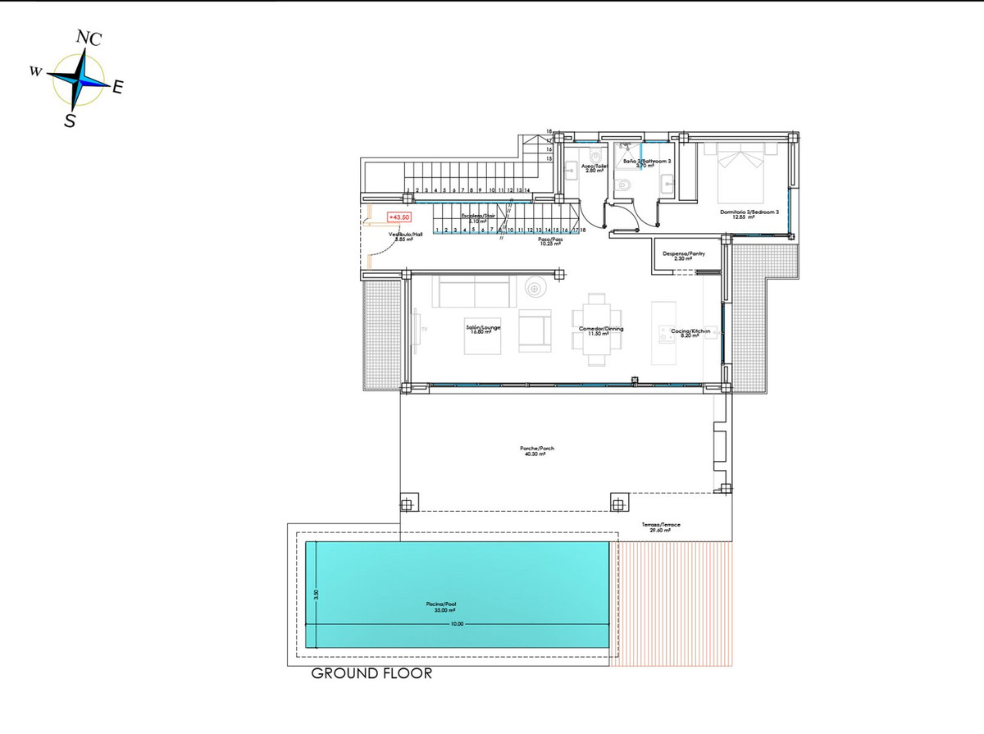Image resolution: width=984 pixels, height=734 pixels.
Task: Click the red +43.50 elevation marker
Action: [399, 217]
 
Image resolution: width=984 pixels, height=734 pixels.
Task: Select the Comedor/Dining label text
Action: [601, 330]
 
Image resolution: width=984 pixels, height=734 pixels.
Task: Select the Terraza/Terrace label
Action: [660, 526]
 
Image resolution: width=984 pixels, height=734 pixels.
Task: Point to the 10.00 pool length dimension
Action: [457, 624]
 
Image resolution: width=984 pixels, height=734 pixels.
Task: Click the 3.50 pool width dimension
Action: [313, 594]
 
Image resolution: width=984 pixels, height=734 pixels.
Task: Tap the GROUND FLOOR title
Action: [371, 674]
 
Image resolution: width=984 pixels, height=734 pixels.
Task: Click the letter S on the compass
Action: [71, 121]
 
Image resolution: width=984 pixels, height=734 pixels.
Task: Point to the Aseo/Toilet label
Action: [594, 166]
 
